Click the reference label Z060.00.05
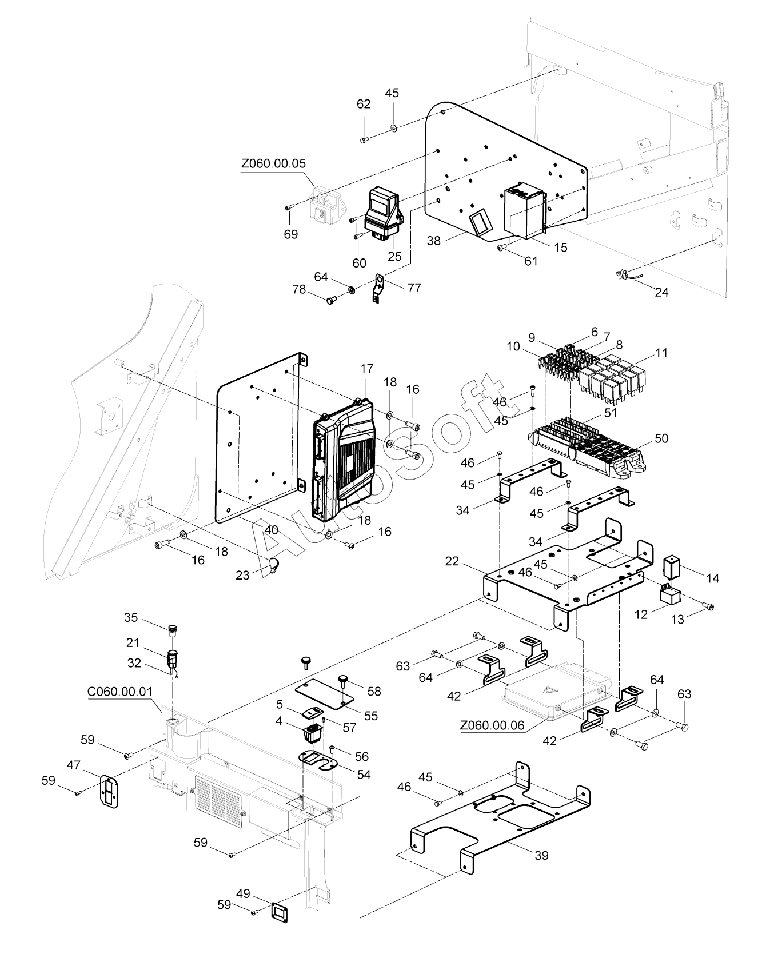tap(273, 163)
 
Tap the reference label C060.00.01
tap(120, 691)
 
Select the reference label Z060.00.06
tap(492, 725)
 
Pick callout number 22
tap(452, 562)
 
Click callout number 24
tap(661, 292)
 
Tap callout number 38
tap(434, 241)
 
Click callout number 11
tap(661, 353)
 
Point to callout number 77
tap(414, 288)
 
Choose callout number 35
tap(131, 617)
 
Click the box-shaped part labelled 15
tap(523, 211)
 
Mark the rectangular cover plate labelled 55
tap(324, 696)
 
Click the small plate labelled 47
tap(109, 792)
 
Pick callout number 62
tap(364, 104)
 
